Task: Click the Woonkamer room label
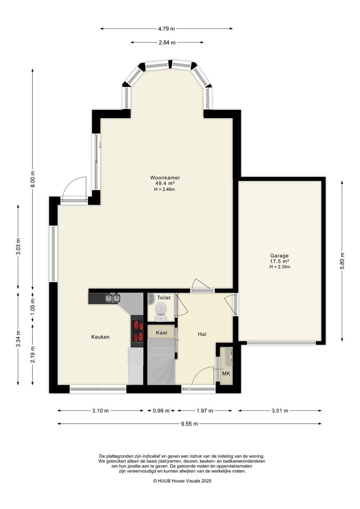(165, 178)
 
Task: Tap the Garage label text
(279, 256)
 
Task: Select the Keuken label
(100, 337)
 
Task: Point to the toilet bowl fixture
(161, 311)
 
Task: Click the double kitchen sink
(112, 298)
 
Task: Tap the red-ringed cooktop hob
(138, 330)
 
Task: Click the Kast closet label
(161, 333)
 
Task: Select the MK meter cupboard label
(226, 373)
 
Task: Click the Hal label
(202, 334)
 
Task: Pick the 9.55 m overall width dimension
(189, 423)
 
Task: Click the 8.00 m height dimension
(33, 179)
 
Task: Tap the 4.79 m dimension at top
(166, 29)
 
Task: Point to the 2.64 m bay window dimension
(167, 42)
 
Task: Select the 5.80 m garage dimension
(342, 261)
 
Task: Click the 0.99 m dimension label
(161, 411)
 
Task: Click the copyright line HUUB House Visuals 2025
(182, 481)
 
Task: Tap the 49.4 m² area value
(165, 183)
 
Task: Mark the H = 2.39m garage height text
(280, 267)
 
